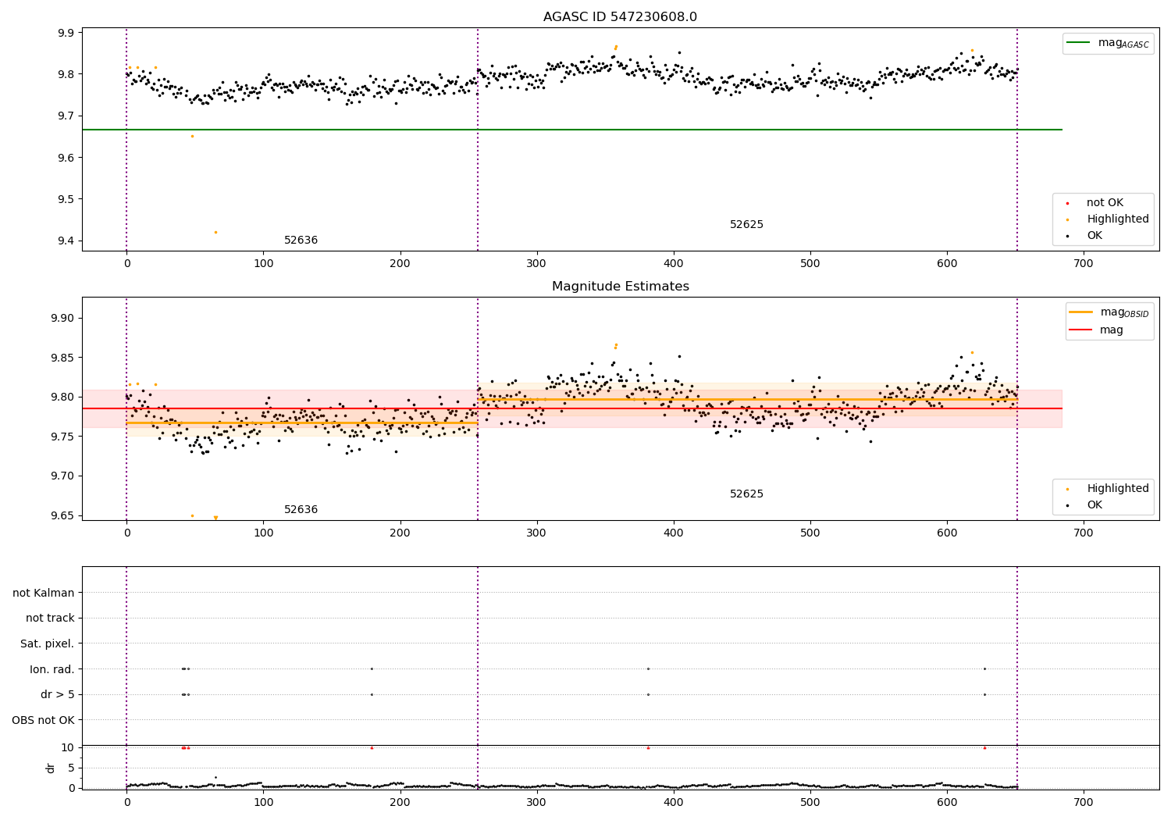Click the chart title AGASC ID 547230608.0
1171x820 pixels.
[620, 17]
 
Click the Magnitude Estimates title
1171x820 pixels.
[620, 287]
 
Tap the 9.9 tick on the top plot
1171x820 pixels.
[66, 33]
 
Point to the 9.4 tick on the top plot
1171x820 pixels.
[66, 241]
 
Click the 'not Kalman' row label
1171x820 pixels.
[44, 593]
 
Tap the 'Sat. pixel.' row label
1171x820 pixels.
[47, 644]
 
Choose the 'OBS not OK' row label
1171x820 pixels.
[43, 720]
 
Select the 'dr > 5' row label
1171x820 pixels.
[57, 694]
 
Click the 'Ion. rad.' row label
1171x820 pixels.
[52, 669]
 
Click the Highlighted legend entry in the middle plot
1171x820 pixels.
[1117, 488]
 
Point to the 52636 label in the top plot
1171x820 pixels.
[301, 241]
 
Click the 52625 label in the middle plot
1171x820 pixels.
[746, 494]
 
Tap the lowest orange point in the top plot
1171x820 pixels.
[215, 232]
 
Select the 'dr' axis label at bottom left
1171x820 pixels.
[51, 768]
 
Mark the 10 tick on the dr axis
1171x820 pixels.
[67, 747]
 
